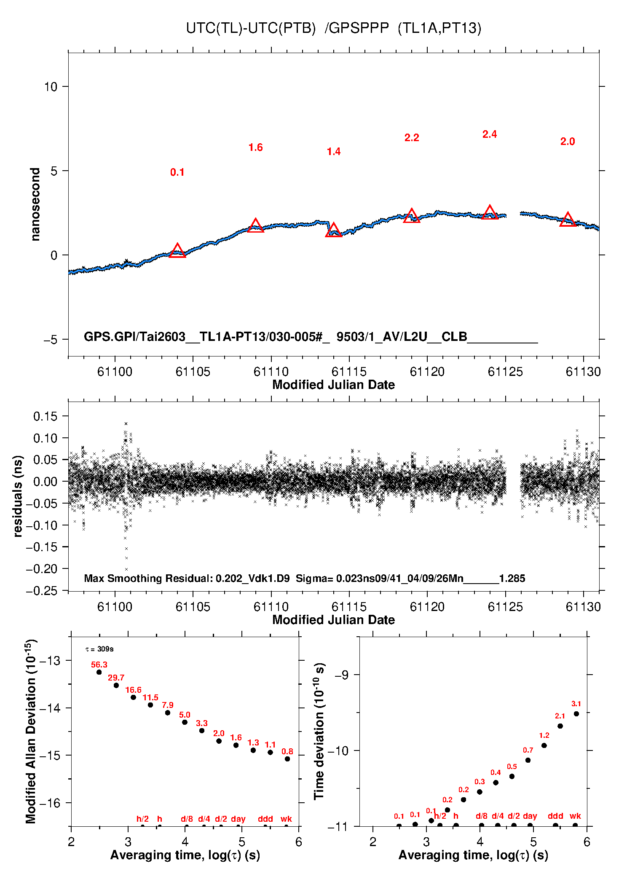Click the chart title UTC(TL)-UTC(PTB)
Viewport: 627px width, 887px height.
click(251, 28)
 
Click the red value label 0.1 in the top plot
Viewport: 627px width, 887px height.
click(177, 172)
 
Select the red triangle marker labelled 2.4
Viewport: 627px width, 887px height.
click(490, 212)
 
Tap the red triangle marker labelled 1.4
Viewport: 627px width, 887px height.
click(334, 230)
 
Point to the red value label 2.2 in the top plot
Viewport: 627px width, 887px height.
click(412, 138)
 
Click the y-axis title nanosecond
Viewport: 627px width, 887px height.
click(35, 204)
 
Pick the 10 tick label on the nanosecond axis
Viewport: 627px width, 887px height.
click(51, 87)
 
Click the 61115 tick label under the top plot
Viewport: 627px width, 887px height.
click(349, 372)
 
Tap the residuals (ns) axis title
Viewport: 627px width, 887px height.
click(18, 496)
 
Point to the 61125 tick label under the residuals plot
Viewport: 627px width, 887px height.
click(505, 607)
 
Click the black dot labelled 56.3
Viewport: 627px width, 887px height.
click(99, 672)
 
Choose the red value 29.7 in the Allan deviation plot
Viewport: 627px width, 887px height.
click(116, 678)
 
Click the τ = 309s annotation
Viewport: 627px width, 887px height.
click(99, 649)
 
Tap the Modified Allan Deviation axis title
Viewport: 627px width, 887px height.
click(31, 731)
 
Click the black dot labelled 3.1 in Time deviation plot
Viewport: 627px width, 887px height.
click(576, 714)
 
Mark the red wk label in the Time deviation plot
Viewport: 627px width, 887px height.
click(575, 816)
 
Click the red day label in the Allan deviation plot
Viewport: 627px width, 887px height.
click(238, 819)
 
